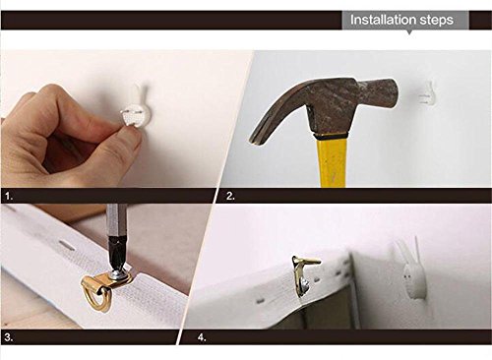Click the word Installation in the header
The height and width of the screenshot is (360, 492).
383,20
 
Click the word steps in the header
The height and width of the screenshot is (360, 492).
437,21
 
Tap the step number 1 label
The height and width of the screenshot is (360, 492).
9,197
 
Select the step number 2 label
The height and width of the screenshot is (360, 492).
230,196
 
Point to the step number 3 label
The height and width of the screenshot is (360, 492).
9,337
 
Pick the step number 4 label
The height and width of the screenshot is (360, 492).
202,337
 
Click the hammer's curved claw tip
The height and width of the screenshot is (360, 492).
255,141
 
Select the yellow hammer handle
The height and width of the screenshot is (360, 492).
332,162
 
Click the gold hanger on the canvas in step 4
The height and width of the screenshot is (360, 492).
303,273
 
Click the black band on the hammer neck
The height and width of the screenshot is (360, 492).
331,137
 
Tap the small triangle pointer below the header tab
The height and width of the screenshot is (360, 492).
409,32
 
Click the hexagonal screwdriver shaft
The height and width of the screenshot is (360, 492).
115,223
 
